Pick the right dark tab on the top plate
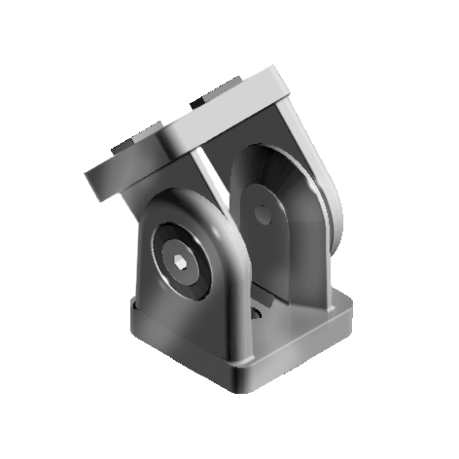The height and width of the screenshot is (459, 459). click(209, 96)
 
